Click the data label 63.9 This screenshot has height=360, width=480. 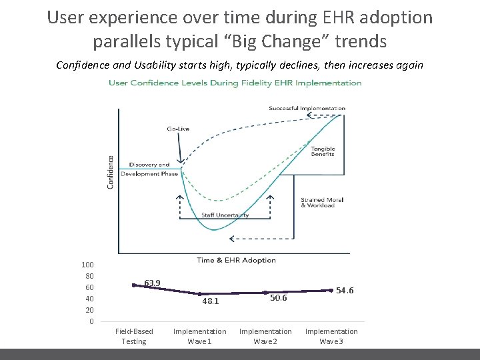point(152,283)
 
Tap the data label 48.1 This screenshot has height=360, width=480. point(211,301)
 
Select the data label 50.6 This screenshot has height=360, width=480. point(278,298)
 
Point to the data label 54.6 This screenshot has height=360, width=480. point(345,291)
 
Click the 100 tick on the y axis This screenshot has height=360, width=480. point(87,265)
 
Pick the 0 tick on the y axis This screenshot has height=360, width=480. point(91,322)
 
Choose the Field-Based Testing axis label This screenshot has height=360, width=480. point(134,336)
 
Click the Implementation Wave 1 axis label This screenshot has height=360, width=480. point(199,336)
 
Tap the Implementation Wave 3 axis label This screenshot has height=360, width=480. point(331,336)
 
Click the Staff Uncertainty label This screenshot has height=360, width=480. point(225,215)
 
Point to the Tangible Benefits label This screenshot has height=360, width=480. point(323,151)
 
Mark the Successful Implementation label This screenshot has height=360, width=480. point(307,108)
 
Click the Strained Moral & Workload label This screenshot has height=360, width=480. point(317,203)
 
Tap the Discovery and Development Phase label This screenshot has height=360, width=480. point(153,169)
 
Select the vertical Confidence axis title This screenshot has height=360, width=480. point(111,172)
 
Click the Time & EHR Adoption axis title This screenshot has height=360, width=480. point(236,260)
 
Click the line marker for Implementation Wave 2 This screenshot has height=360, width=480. point(265,293)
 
